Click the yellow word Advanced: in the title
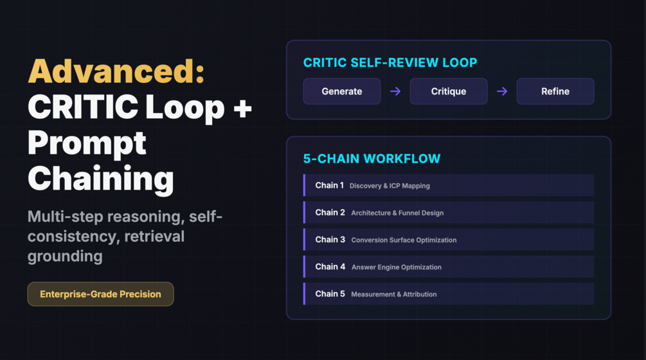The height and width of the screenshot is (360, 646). pyautogui.click(x=116, y=71)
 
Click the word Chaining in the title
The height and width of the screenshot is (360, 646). pyautogui.click(x=100, y=177)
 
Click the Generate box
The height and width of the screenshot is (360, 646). pyautogui.click(x=342, y=91)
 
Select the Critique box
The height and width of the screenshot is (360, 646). pyautogui.click(x=449, y=91)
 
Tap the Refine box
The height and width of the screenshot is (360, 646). pyautogui.click(x=555, y=91)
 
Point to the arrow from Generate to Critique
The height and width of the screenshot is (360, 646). pyautogui.click(x=395, y=91)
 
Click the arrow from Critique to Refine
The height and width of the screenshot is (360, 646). pyautogui.click(x=502, y=91)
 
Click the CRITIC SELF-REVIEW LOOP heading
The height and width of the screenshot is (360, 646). pyautogui.click(x=390, y=62)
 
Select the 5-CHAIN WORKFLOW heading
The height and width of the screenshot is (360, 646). pyautogui.click(x=372, y=158)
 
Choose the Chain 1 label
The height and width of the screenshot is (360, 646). pyautogui.click(x=329, y=185)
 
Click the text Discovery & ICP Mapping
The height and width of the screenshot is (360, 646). pyautogui.click(x=390, y=186)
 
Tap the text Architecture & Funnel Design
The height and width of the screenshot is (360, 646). pyautogui.click(x=397, y=213)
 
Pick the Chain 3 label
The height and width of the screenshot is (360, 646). pyautogui.click(x=330, y=240)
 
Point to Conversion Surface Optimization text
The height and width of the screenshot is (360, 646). pyautogui.click(x=404, y=240)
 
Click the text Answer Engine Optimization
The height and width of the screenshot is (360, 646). pyautogui.click(x=397, y=267)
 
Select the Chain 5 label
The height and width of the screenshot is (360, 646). pyautogui.click(x=330, y=294)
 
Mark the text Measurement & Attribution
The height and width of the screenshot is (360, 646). pyautogui.click(x=394, y=294)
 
